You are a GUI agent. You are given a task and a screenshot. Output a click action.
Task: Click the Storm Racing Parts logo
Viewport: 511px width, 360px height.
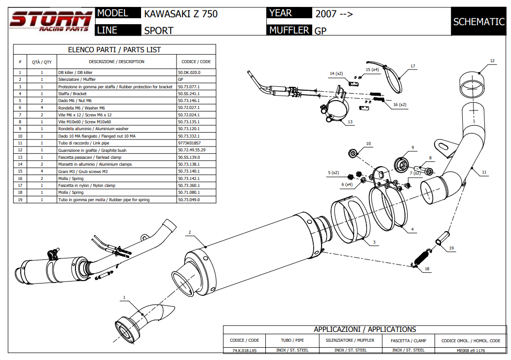pyautogui.click(x=51, y=21)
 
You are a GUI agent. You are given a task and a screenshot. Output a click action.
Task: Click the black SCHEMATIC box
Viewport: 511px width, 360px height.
pyautogui.click(x=478, y=22)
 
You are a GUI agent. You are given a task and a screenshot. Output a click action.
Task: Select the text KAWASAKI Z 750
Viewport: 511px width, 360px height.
pyautogui.click(x=181, y=14)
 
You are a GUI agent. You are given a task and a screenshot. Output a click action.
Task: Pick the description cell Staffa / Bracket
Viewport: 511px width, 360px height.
pyautogui.click(x=73, y=93)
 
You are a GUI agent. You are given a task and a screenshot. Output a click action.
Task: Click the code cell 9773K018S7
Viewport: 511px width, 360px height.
pyautogui.click(x=189, y=143)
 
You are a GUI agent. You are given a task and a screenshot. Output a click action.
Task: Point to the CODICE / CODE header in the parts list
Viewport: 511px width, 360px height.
pyautogui.click(x=196, y=62)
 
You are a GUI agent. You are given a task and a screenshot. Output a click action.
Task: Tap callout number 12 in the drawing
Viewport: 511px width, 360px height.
pyautogui.click(x=492, y=61)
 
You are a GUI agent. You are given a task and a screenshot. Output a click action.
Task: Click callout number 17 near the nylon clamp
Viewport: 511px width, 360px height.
pyautogui.click(x=413, y=66)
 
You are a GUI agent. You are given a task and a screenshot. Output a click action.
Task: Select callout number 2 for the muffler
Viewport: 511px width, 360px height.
pyautogui.click(x=189, y=232)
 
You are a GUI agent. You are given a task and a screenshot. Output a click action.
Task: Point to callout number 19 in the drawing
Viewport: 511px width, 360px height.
pyautogui.click(x=451, y=249)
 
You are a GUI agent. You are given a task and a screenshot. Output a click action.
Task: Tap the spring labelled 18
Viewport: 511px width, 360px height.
pyautogui.click(x=421, y=257)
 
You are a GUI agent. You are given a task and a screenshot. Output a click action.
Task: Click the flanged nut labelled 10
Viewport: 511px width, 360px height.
pyautogui.click(x=353, y=153)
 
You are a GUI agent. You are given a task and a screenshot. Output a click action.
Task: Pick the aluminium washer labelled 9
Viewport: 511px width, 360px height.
pyautogui.click(x=402, y=164)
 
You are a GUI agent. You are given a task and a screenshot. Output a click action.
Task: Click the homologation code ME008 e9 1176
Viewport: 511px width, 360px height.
pyautogui.click(x=471, y=350)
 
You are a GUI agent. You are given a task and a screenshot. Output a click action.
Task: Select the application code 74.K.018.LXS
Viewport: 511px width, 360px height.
pyautogui.click(x=245, y=350)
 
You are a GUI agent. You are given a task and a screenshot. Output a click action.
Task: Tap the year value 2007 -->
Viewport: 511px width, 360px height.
pyautogui.click(x=334, y=14)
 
